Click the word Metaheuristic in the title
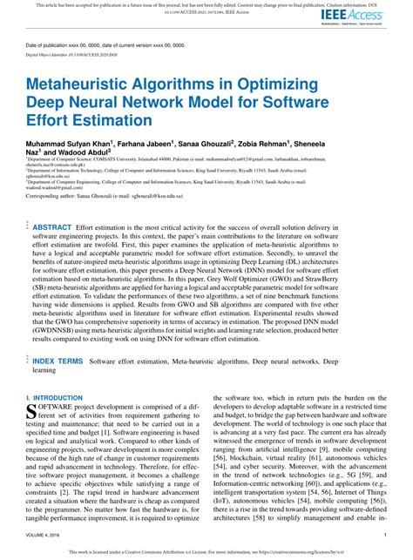[x=85, y=84]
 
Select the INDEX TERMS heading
[x=58, y=360]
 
